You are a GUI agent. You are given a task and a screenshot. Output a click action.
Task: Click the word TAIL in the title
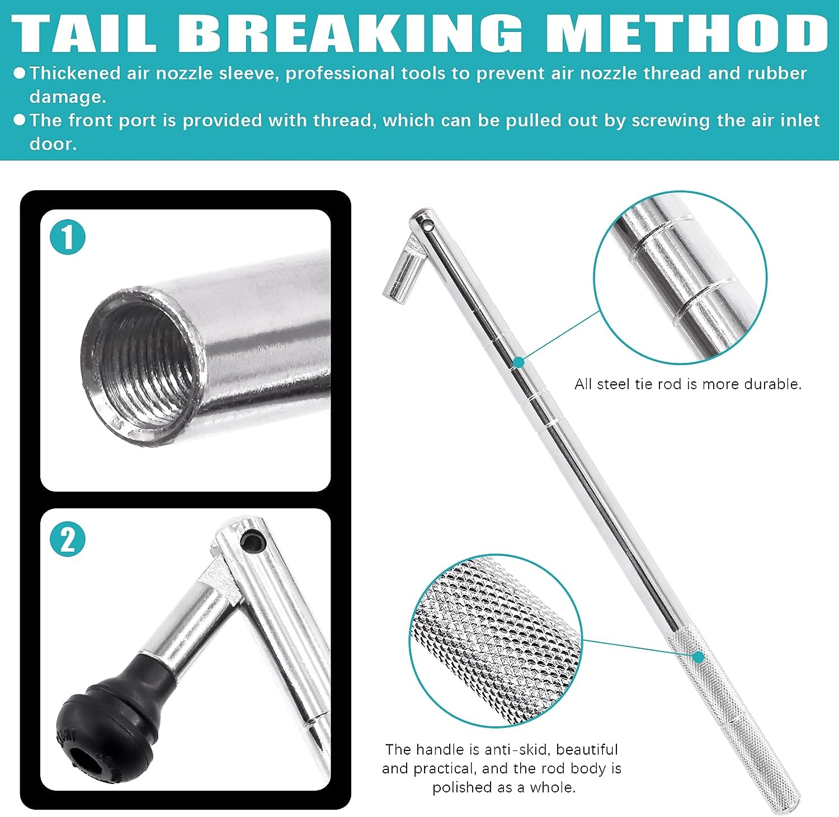(84, 33)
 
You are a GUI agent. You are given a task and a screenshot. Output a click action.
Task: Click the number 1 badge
(68, 237)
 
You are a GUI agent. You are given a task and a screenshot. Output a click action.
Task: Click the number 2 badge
(68, 540)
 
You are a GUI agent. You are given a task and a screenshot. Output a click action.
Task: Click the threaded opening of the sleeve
(140, 366)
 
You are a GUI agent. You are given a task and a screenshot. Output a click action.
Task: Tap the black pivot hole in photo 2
(253, 541)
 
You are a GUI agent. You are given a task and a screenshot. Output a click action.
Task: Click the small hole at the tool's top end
(429, 226)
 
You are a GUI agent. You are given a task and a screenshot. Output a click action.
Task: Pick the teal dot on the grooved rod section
(519, 362)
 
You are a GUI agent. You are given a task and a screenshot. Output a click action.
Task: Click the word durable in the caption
(777, 384)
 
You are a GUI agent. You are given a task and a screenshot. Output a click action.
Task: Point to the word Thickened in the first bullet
(75, 73)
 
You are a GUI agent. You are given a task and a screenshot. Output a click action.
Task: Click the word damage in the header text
(67, 98)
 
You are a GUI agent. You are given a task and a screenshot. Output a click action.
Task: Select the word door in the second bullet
(53, 144)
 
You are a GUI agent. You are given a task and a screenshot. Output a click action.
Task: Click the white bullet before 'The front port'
(19, 120)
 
